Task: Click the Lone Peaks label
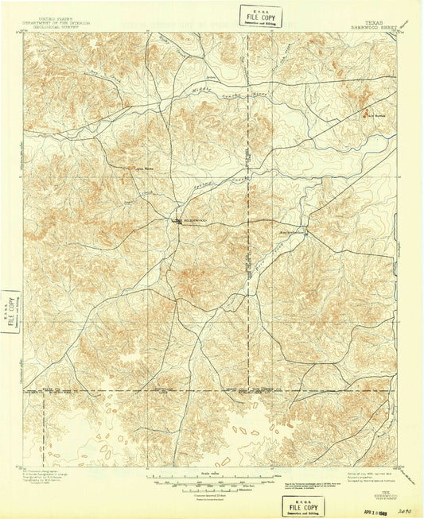pyautogui.click(x=144, y=168)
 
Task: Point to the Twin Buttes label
pyautogui.click(x=364, y=113)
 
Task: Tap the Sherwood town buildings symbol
pyautogui.click(x=177, y=222)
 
